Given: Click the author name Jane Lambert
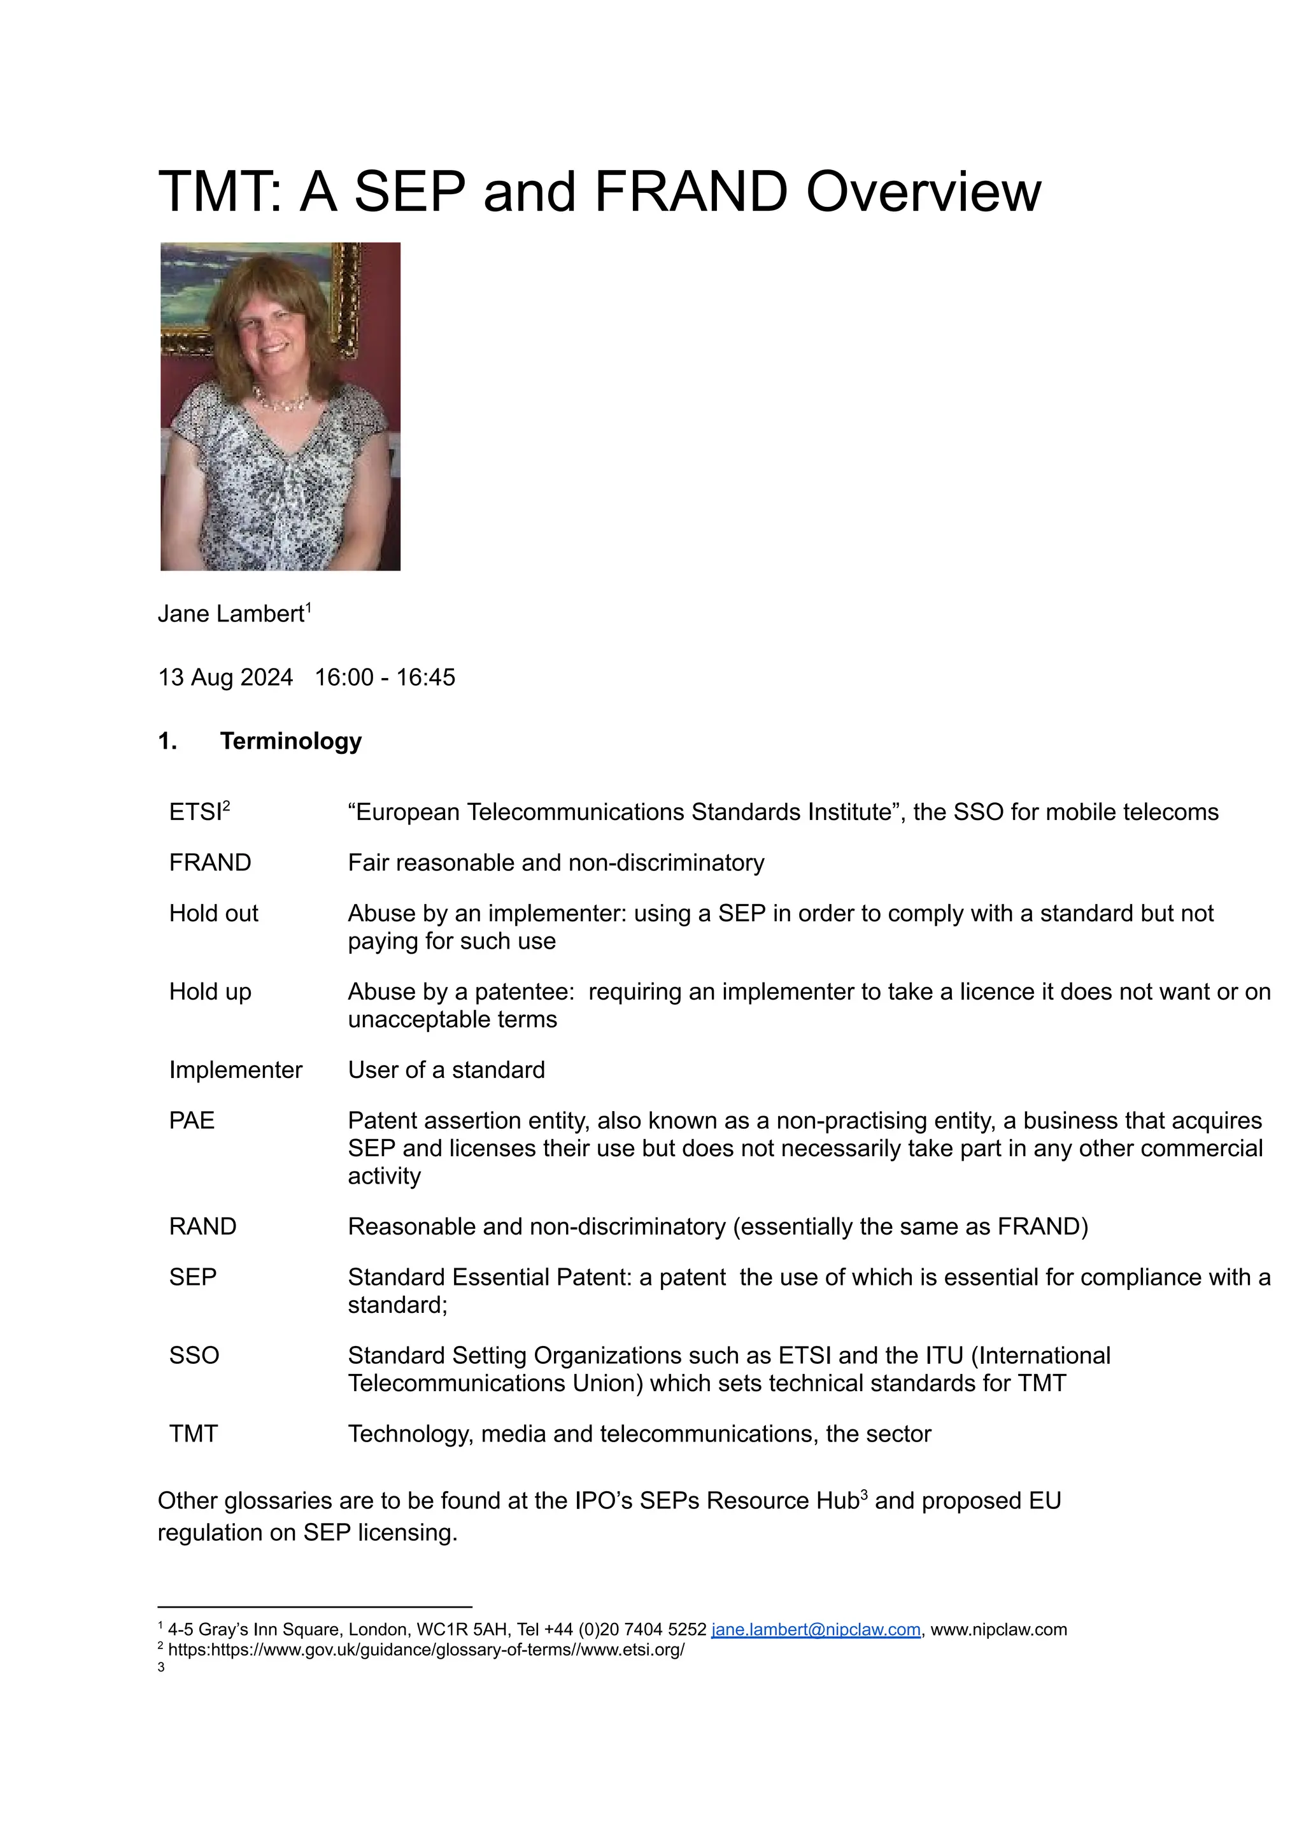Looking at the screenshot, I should point(230,614).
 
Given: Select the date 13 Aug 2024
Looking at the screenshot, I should point(225,677).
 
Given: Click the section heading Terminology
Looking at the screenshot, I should point(291,741).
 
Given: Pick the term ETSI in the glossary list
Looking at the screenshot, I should point(195,812).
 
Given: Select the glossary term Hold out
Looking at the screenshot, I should point(213,914).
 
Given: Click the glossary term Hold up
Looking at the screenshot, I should point(210,993).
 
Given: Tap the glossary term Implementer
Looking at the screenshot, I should point(235,1070).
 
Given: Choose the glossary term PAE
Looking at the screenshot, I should point(192,1121).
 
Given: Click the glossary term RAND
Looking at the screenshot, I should point(202,1227).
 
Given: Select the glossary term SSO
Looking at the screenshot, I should point(194,1356).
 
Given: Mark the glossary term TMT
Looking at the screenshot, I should point(194,1434).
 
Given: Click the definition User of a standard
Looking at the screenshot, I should point(446,1070).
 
